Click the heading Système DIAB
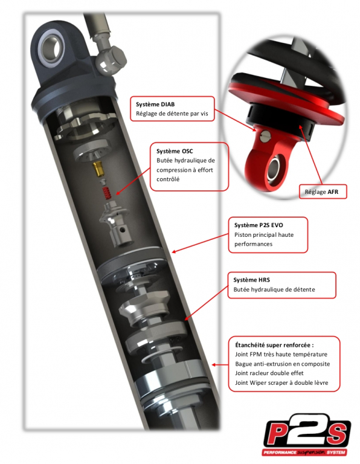click(x=155, y=104)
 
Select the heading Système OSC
click(x=175, y=151)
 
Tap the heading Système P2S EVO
click(x=259, y=225)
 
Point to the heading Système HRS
click(x=251, y=280)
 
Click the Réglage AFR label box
click(x=323, y=192)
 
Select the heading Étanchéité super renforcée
click(x=274, y=345)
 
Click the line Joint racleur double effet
click(x=269, y=373)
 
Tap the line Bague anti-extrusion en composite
click(x=282, y=364)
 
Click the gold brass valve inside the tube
click(x=99, y=169)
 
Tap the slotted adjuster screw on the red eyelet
click(x=266, y=136)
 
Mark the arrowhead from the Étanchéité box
click(x=214, y=365)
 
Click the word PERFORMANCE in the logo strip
click(x=280, y=453)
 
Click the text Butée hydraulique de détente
click(x=274, y=289)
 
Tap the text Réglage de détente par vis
click(x=172, y=114)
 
